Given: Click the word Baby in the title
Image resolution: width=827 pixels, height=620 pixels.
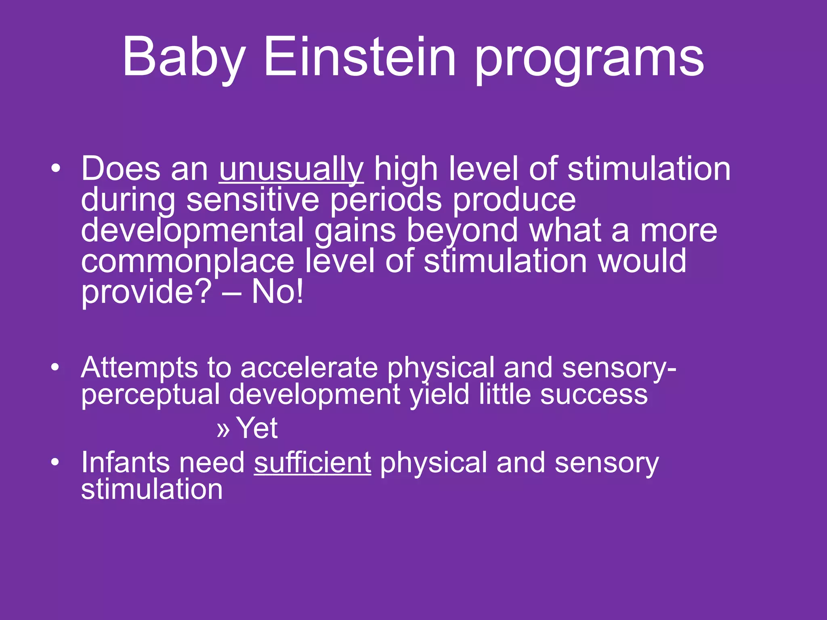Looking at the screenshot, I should pyautogui.click(x=184, y=57).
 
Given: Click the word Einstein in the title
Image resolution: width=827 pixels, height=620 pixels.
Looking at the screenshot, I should pyautogui.click(x=360, y=57).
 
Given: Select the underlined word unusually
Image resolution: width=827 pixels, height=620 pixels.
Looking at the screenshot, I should pyautogui.click(x=291, y=170).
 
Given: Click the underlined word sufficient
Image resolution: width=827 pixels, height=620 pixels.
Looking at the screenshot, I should pyautogui.click(x=312, y=463).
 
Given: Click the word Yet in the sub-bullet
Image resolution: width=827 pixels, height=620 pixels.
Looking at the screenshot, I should pyautogui.click(x=257, y=428).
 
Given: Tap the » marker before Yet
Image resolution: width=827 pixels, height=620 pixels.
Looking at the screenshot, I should pyautogui.click(x=223, y=429).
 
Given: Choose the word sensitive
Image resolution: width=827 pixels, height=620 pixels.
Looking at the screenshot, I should pyautogui.click(x=252, y=200).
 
